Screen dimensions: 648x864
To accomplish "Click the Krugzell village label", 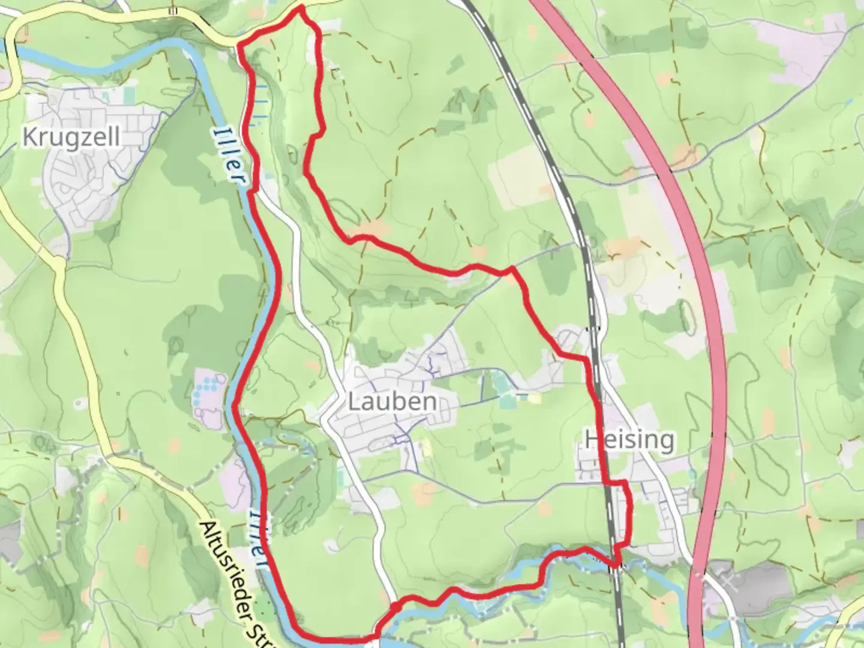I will click(x=71, y=137).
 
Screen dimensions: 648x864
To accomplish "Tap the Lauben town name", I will click(x=392, y=401).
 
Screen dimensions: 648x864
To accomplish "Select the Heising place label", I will click(x=629, y=440).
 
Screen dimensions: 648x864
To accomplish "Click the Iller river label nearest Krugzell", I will click(x=230, y=155).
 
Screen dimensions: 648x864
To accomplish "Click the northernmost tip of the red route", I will click(x=300, y=8).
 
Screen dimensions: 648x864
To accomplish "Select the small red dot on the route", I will click(x=396, y=608).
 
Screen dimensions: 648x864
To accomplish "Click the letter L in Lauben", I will click(x=355, y=401).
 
